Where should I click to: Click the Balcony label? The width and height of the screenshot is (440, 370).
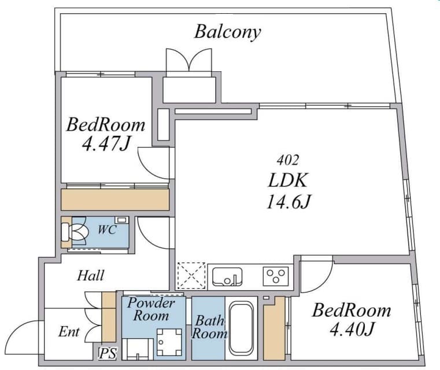pos(228,32)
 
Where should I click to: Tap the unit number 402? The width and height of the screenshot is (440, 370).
pos(287,160)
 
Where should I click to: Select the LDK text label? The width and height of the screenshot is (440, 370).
pos(288,180)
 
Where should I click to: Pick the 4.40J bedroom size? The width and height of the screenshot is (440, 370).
pos(352,329)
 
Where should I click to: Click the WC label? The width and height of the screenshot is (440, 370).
pos(107,230)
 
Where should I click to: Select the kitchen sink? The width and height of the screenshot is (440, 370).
pos(227,276)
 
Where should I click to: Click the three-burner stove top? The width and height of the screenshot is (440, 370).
pos(276,276)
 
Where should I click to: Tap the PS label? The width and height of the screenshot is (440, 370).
pos(108,353)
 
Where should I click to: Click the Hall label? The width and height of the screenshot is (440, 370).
pos(91,276)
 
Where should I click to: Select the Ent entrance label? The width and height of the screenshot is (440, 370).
pos(69,332)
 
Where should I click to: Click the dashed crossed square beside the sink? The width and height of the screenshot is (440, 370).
pos(191,276)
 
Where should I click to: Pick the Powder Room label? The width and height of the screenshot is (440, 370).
pos(151,309)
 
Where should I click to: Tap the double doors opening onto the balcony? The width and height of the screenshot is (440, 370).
pos(189,60)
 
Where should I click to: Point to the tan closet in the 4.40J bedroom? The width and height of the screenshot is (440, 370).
pos(274,329)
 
